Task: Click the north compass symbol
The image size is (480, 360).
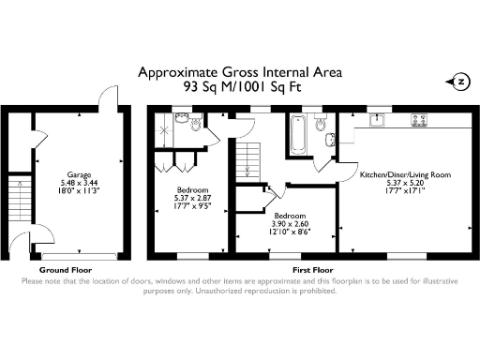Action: (x=458, y=82)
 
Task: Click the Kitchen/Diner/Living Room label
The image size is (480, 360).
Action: (x=405, y=173)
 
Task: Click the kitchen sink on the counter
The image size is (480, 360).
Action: (x=380, y=120)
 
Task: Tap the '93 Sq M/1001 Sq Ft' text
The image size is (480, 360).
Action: (x=239, y=85)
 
